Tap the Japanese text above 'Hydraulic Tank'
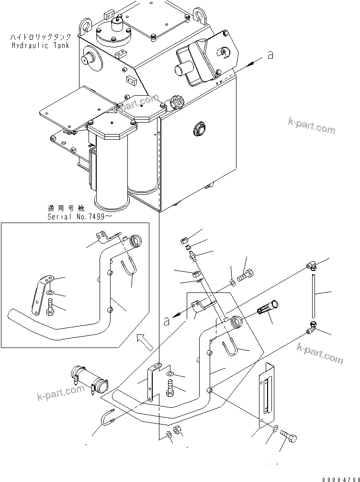click(39, 37)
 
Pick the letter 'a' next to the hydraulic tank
click(270, 56)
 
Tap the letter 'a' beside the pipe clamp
click(166, 322)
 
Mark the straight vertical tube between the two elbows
click(313, 295)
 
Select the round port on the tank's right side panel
click(198, 129)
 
